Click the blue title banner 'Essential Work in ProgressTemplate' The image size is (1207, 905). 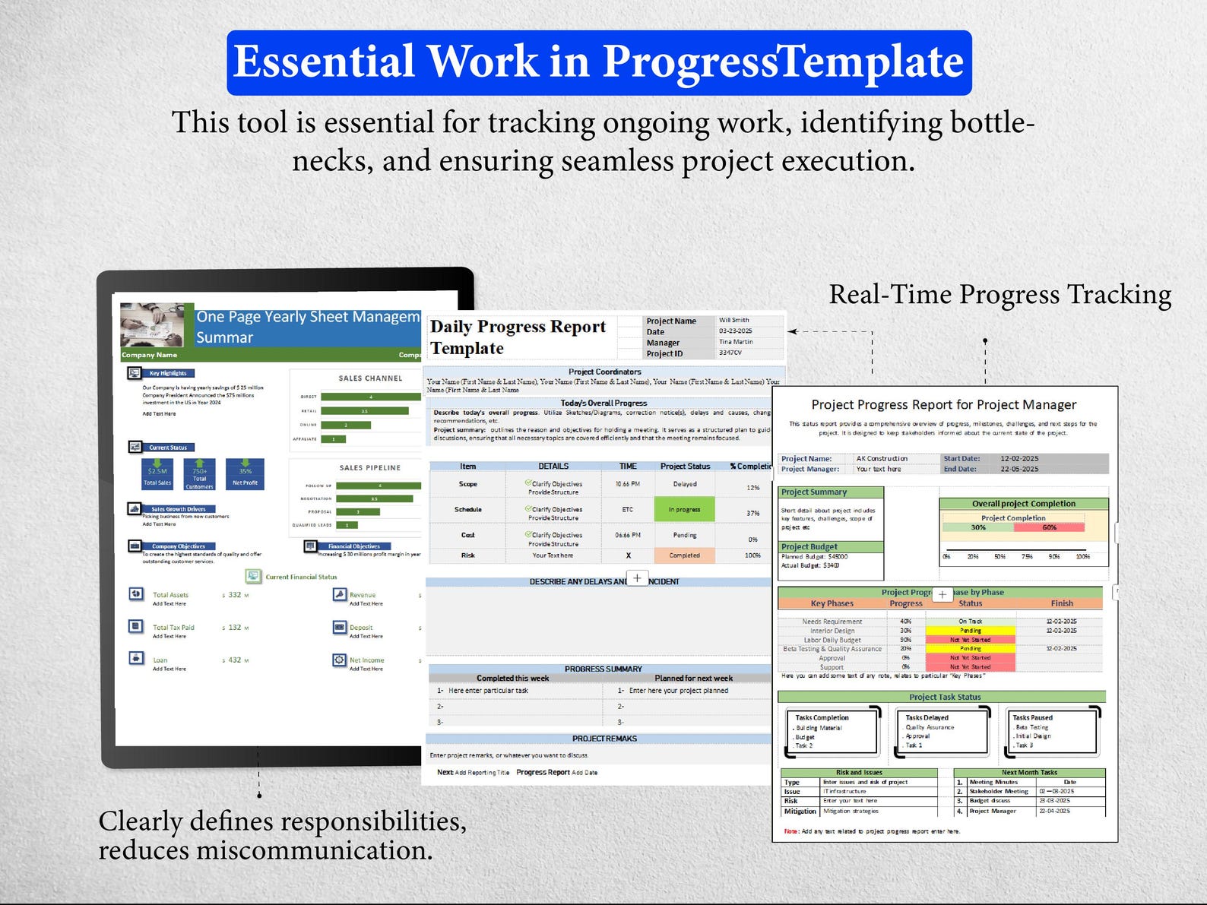pyautogui.click(x=599, y=62)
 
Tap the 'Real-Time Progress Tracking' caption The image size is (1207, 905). pyautogui.click(x=999, y=295)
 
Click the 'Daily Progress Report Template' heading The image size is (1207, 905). pyautogui.click(x=518, y=337)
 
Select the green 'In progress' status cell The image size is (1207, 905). pyautogui.click(x=684, y=510)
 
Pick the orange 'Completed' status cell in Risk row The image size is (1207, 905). pyautogui.click(x=684, y=555)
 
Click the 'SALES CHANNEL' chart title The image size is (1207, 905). pyautogui.click(x=370, y=378)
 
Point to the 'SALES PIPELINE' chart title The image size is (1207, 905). pyautogui.click(x=369, y=468)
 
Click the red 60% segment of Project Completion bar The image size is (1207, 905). pyautogui.click(x=1050, y=527)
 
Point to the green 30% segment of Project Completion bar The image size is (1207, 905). pyautogui.click(x=978, y=527)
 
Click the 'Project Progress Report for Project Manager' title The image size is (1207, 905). pyautogui.click(x=943, y=405)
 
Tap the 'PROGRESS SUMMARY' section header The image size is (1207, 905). pyautogui.click(x=603, y=669)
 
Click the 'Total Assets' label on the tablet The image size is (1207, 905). pyautogui.click(x=170, y=595)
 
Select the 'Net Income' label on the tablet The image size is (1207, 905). pyautogui.click(x=366, y=660)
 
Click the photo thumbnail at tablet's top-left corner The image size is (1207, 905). pyautogui.click(x=152, y=325)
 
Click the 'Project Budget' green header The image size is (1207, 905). pyautogui.click(x=831, y=547)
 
